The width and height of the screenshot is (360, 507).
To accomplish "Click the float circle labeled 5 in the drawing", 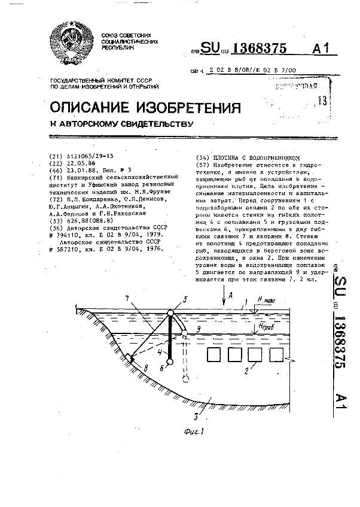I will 171,313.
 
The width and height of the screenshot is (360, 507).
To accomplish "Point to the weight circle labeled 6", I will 170,362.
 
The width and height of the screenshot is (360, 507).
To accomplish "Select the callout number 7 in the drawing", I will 127,299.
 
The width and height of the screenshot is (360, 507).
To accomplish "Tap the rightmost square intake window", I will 277,354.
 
